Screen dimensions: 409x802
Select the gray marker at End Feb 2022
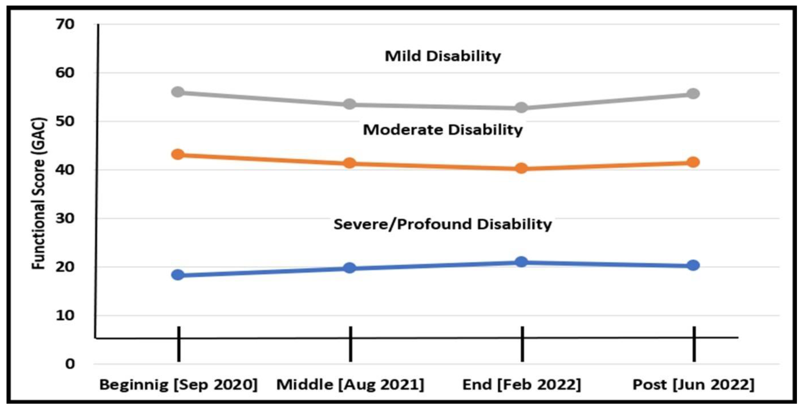[x=521, y=108]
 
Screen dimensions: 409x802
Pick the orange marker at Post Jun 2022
[x=693, y=162]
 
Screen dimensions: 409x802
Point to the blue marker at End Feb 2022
[x=521, y=262]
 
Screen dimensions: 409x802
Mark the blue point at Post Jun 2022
[x=693, y=265]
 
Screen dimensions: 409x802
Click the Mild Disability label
[x=443, y=56]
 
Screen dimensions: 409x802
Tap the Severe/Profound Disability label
[x=443, y=224]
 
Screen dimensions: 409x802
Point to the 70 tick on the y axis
[x=65, y=24]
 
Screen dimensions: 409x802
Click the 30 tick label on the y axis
[x=65, y=218]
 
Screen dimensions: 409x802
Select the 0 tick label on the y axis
[x=70, y=364]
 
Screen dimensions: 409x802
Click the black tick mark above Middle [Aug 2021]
[x=351, y=344]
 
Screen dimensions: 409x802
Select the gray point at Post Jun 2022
[x=693, y=93]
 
